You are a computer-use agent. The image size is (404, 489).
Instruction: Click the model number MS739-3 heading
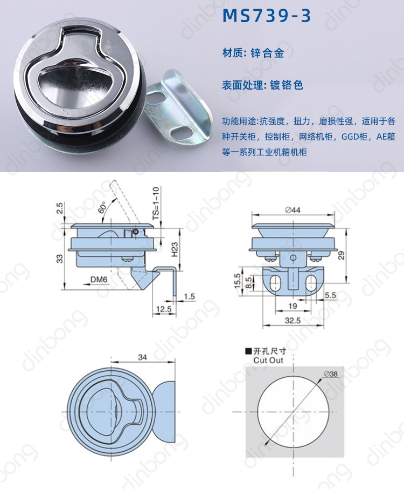[267, 16]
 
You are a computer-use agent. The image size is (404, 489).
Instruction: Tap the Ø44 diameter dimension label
[293, 210]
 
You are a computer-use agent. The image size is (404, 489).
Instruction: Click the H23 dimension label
[175, 249]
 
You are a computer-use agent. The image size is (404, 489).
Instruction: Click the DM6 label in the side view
[99, 280]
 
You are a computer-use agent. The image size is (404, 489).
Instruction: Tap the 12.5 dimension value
[164, 309]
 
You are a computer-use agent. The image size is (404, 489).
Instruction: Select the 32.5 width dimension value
[292, 320]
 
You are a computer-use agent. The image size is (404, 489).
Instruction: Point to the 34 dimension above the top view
[142, 357]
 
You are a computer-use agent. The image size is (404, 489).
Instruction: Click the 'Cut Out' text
[268, 360]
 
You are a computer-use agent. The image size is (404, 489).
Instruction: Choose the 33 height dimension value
[59, 259]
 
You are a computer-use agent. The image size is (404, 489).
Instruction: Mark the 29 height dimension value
[342, 255]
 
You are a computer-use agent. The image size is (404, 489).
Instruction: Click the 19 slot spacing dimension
[292, 306]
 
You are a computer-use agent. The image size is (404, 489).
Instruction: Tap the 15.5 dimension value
[238, 281]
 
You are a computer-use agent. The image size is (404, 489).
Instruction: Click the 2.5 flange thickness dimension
[59, 208]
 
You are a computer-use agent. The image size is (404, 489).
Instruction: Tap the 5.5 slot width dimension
[330, 295]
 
